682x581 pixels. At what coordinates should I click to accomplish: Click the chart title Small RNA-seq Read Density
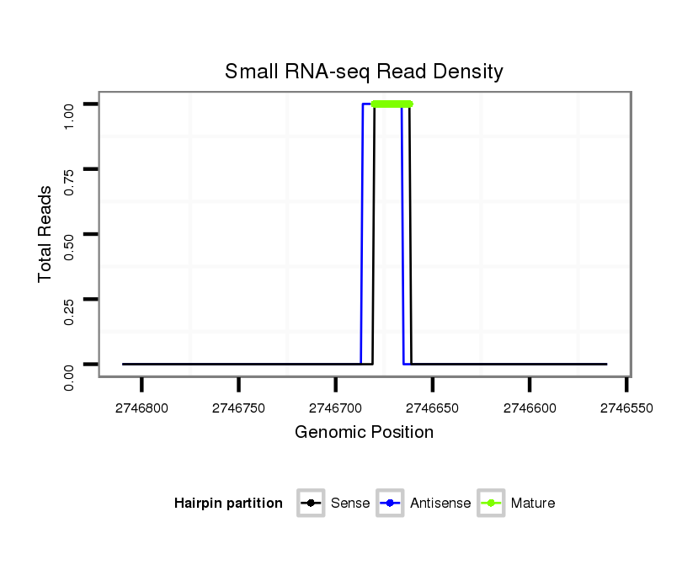pos(364,72)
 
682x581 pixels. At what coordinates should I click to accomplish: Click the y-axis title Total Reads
pos(46,234)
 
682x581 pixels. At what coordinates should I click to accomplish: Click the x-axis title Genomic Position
pos(364,433)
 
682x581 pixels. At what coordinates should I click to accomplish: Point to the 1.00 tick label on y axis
pos(71,104)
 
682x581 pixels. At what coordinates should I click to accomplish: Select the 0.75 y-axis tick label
pos(71,169)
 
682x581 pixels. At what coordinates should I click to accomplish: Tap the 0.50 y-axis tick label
pos(71,234)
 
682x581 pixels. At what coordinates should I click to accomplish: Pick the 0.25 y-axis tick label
pos(71,299)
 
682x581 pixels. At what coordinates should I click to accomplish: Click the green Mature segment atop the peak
pos(392,104)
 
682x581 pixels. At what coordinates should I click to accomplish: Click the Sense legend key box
pos(311,504)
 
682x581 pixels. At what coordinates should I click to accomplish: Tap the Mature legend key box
pos(490,504)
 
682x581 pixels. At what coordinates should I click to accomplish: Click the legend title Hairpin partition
pos(228,504)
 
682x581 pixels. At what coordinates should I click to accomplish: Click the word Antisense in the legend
pos(440,504)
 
